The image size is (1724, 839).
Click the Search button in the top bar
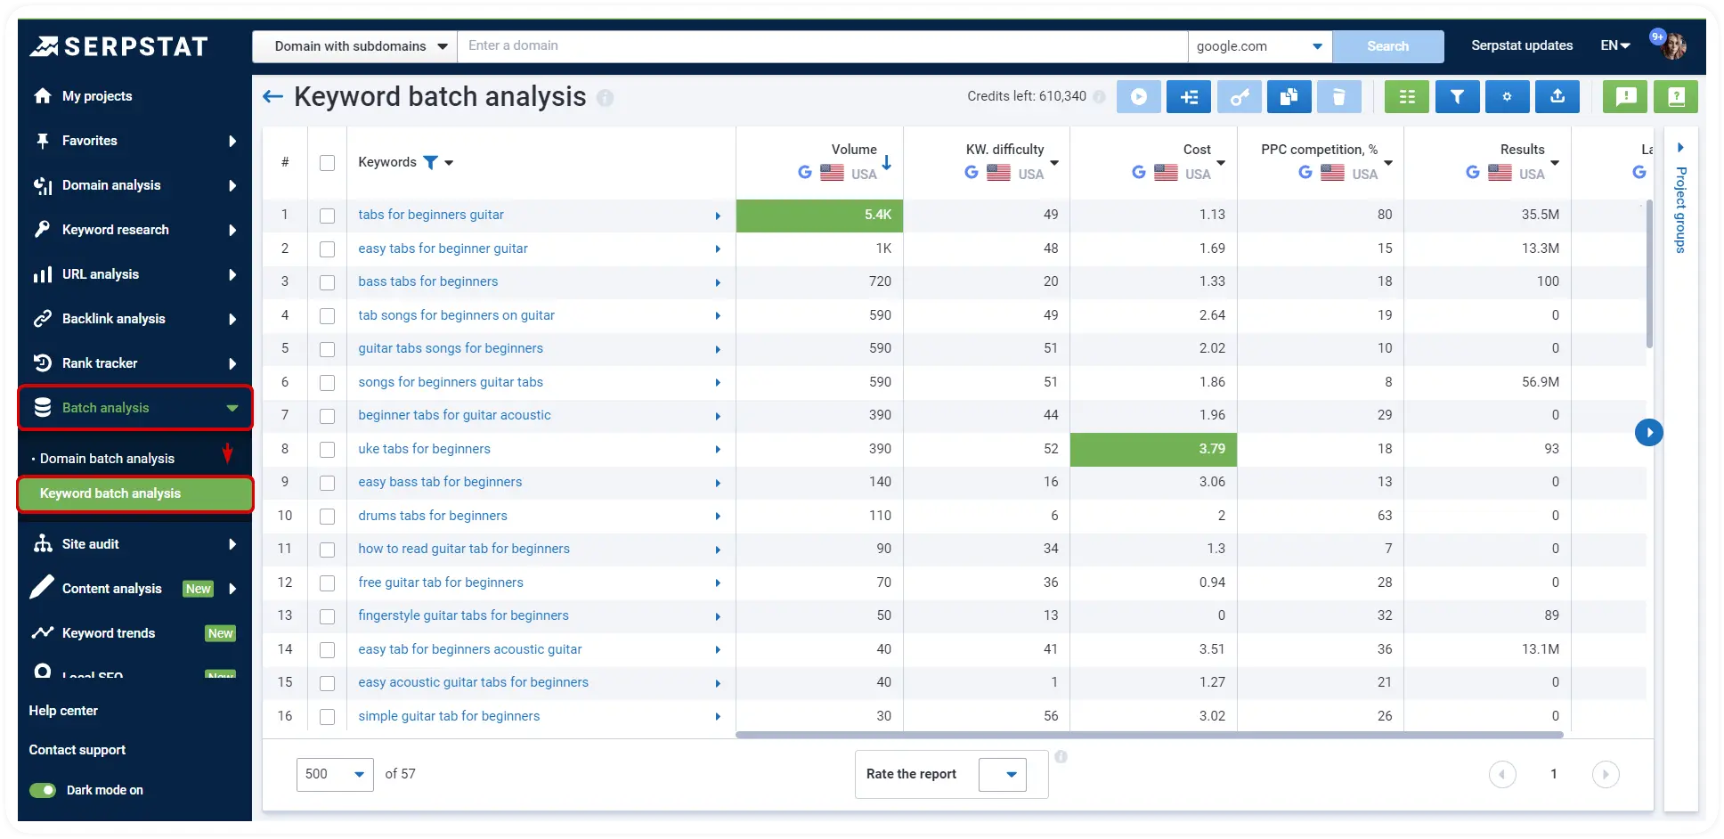point(1387,46)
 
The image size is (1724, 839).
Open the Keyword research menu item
point(115,230)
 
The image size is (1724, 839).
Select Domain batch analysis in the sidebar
point(107,459)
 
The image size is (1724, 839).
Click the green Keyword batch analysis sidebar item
point(110,493)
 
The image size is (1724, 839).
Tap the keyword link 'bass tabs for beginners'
point(427,281)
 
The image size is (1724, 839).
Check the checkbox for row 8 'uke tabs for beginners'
point(327,449)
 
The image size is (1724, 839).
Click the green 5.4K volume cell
point(819,215)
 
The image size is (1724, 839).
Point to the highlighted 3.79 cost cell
point(1153,449)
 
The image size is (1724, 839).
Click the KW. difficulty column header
point(1004,150)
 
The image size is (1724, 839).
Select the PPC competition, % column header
point(1319,150)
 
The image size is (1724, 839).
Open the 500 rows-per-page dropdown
point(335,774)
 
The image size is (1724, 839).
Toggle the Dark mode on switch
point(43,790)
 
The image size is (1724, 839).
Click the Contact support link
point(77,750)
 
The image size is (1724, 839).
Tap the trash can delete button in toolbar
point(1338,97)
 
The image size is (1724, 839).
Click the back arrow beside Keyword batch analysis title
point(272,96)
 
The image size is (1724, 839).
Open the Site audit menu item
point(90,544)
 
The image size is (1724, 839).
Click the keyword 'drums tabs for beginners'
point(432,516)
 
